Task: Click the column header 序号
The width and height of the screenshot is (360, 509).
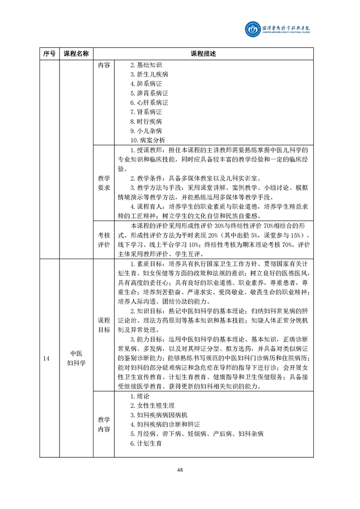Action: (49, 54)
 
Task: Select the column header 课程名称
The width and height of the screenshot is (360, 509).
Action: (76, 54)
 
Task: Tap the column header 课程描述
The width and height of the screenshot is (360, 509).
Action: (203, 54)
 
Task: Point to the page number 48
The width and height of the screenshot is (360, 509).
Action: (180, 470)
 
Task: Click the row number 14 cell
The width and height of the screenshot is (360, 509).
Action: (46, 358)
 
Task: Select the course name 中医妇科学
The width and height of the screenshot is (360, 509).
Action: (76, 358)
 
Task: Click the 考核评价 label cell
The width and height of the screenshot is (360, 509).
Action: (104, 240)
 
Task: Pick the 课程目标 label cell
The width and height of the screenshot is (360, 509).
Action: (104, 325)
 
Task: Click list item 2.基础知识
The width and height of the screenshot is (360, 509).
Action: (142, 65)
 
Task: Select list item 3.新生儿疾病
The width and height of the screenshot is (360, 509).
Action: (145, 75)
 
